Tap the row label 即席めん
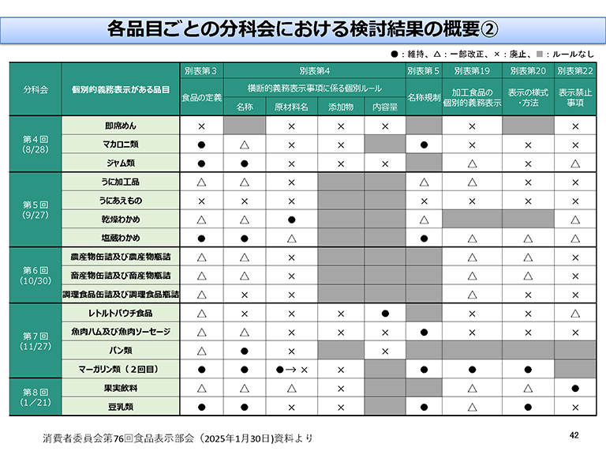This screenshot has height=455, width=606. click(x=122, y=126)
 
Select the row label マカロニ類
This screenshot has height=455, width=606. click(x=122, y=145)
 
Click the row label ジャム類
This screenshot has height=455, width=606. click(x=122, y=164)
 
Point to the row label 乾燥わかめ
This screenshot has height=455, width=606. click(x=122, y=219)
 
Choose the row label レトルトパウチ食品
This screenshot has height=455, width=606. click(x=122, y=313)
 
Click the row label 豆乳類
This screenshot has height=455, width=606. click(x=122, y=407)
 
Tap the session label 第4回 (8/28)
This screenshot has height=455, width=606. click(x=35, y=145)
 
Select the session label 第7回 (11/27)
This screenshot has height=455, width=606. click(x=35, y=341)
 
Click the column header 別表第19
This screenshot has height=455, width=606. click(x=472, y=71)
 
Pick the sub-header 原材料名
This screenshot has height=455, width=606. click(x=291, y=107)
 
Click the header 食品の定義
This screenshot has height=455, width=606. click(x=202, y=98)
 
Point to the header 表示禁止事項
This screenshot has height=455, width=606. click(x=575, y=98)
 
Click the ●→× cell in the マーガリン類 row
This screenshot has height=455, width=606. click(x=291, y=369)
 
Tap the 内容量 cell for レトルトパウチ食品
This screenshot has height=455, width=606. click(x=385, y=313)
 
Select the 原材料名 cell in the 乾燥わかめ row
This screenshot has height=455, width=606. click(x=291, y=219)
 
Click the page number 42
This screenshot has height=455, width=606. click(x=574, y=435)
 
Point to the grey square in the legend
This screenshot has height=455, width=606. click(x=539, y=54)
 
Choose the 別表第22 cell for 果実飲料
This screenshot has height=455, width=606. click(x=575, y=388)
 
